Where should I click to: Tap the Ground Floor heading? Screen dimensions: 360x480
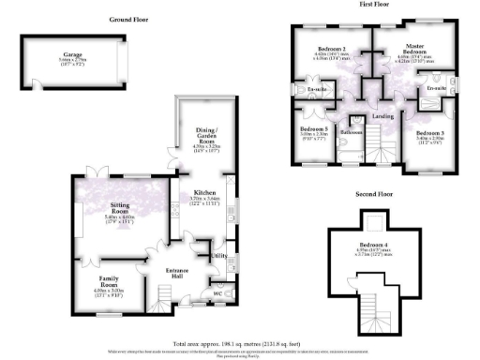(130, 19)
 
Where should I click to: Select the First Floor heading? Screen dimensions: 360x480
(373, 6)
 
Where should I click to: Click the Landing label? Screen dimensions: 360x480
(382, 115)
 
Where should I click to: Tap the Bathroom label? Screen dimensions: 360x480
(352, 132)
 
